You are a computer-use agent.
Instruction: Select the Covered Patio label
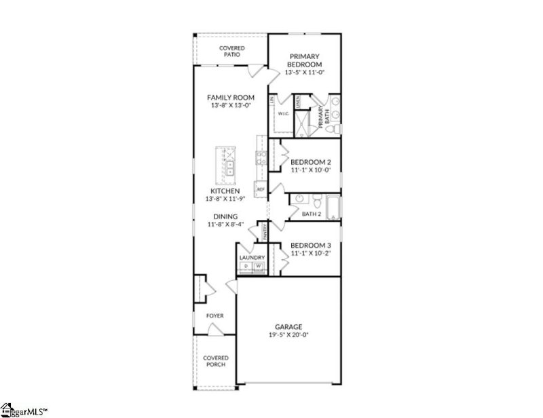pos(231,51)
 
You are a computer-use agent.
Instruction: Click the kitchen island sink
pos(230,168)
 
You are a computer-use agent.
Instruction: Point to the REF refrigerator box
pos(260,189)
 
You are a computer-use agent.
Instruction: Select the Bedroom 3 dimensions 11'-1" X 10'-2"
pos(310,254)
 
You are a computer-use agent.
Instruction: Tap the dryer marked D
pos(246,267)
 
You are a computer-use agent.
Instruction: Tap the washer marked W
pos(258,267)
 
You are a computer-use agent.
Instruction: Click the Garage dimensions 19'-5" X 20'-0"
pos(288,335)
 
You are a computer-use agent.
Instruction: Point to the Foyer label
pos(215,316)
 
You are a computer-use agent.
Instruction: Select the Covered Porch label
pos(215,361)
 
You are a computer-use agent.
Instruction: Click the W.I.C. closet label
pos(284,114)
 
